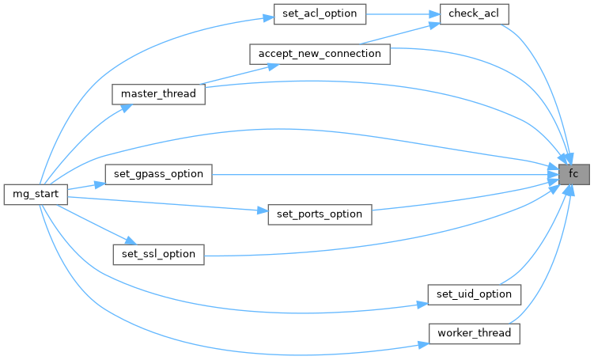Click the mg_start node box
(x=36, y=195)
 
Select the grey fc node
(x=574, y=174)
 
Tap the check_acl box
(x=474, y=14)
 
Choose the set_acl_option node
(x=320, y=14)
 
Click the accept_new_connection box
(x=320, y=54)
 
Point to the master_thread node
(x=158, y=94)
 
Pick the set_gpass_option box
(x=158, y=174)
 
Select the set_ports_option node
(x=320, y=214)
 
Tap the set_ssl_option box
(x=158, y=255)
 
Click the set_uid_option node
(x=474, y=294)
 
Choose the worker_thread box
(x=474, y=334)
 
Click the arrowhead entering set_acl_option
(x=269, y=18)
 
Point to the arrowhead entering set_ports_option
(x=263, y=210)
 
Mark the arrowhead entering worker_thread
(x=423, y=344)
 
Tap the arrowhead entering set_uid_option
(x=422, y=304)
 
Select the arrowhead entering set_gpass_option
(x=100, y=184)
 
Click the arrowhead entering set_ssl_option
(x=131, y=241)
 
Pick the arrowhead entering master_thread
(x=127, y=108)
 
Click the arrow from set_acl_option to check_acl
(x=403, y=14)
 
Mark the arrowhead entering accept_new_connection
(x=273, y=66)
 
